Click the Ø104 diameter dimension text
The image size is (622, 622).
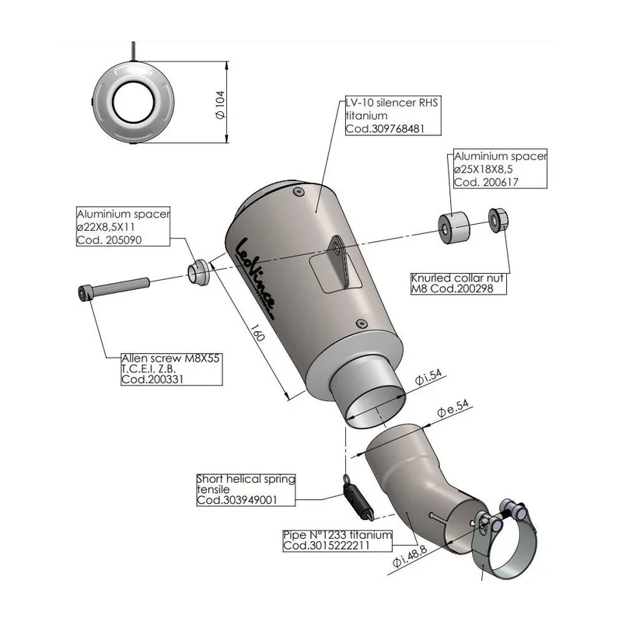[220, 105]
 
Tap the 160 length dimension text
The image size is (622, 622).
[257, 333]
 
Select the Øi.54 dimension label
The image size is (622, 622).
[428, 377]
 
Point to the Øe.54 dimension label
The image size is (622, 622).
[453, 408]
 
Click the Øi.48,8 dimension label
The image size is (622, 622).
[410, 556]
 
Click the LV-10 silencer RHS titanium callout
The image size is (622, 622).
[393, 115]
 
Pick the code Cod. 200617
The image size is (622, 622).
[486, 182]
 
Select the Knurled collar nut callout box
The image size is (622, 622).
[459, 283]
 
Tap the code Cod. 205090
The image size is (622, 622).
[109, 240]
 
